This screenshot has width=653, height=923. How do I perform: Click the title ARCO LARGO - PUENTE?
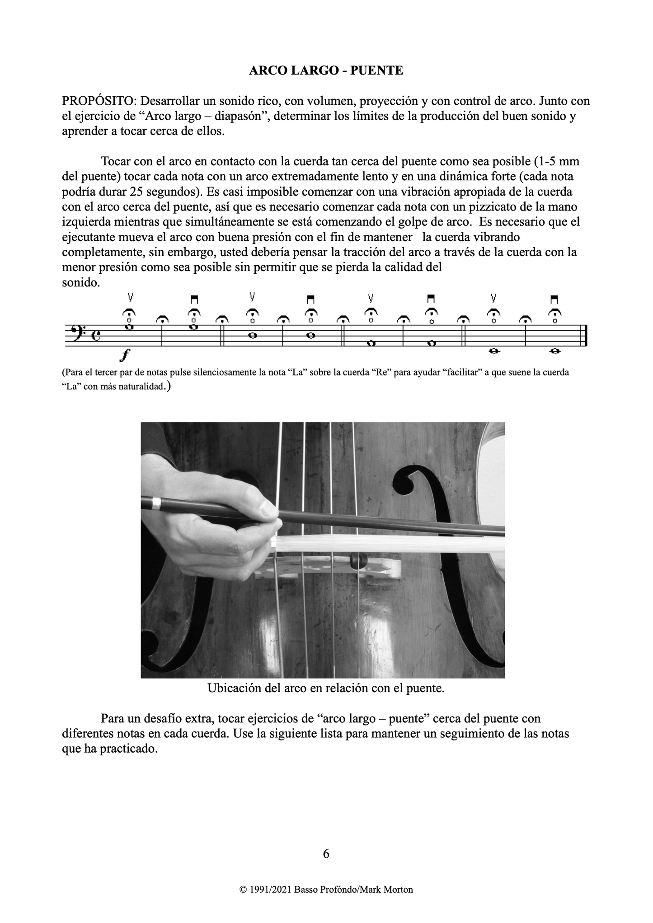(x=326, y=71)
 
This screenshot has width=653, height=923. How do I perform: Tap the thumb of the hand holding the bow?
(x=264, y=510)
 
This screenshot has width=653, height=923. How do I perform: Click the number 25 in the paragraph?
(x=136, y=192)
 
